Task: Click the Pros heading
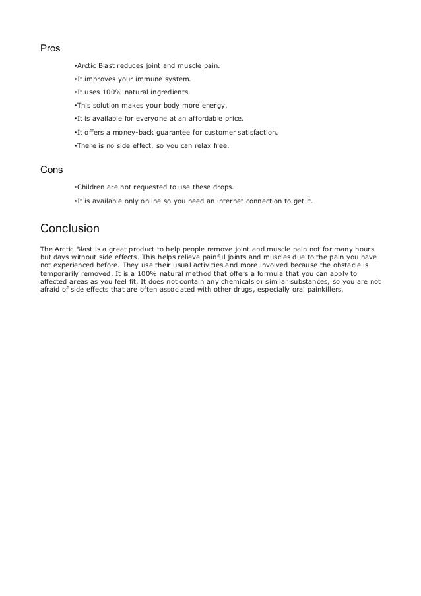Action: point(50,49)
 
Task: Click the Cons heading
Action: point(51,169)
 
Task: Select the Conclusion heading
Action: point(70,229)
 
